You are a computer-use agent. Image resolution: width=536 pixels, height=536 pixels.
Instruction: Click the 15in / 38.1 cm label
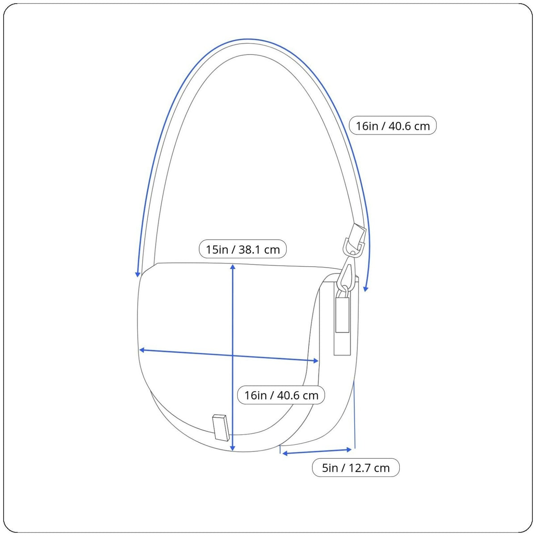coord(243,249)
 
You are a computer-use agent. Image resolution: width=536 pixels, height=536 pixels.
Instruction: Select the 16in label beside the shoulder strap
coord(393,126)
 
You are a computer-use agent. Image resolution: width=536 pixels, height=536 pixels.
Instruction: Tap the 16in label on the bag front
coord(281,395)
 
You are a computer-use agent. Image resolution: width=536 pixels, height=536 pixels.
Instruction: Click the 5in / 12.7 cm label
coord(356,468)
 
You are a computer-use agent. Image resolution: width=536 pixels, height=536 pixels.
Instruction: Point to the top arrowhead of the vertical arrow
coord(233,267)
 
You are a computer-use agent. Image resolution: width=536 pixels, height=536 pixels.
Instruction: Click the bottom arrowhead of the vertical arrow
coord(233,448)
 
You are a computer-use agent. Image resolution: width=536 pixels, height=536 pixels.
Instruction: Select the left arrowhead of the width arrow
coord(142,350)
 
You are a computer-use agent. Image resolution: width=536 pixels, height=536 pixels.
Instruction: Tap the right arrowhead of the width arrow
coord(316,361)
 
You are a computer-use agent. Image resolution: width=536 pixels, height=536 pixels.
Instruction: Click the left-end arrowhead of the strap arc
coord(137,274)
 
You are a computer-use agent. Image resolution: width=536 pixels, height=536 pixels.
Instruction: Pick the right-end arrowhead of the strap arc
coord(366,289)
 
